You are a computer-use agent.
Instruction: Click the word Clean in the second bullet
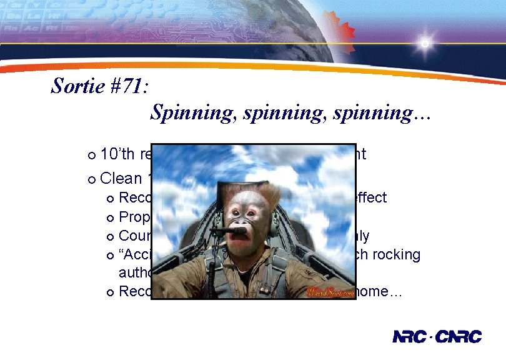[121, 178]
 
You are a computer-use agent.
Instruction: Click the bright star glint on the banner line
[425, 44]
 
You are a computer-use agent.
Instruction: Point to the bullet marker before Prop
[111, 218]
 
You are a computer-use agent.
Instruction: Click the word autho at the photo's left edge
[134, 273]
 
